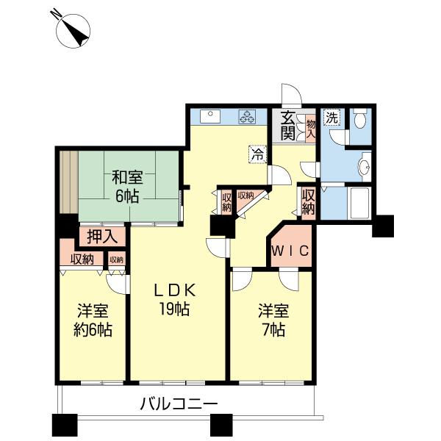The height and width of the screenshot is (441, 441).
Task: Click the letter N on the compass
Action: [56, 14]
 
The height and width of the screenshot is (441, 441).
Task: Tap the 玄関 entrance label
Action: [288, 126]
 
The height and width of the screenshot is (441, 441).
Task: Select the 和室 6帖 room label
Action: [127, 187]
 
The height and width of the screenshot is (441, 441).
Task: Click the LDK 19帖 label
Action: [175, 300]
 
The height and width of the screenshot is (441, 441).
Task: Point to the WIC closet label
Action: [291, 251]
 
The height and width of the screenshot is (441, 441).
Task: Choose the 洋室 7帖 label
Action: [273, 320]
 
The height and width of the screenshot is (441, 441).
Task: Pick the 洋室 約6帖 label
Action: [93, 320]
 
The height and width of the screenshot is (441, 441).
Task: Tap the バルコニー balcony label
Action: [179, 404]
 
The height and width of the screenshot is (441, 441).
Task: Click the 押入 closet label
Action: [102, 237]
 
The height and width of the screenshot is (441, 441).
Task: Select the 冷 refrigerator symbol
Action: [258, 154]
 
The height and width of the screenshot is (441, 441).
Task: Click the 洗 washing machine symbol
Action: [332, 118]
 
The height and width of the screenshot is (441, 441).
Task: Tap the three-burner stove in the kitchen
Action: [247, 117]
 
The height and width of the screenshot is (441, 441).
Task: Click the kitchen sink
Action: [209, 116]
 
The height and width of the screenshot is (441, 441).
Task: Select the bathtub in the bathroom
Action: [359, 203]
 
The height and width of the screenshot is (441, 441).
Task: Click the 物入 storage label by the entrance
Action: [311, 129]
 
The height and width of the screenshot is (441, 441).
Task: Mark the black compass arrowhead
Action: [78, 34]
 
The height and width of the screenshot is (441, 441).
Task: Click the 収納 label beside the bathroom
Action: [309, 202]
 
